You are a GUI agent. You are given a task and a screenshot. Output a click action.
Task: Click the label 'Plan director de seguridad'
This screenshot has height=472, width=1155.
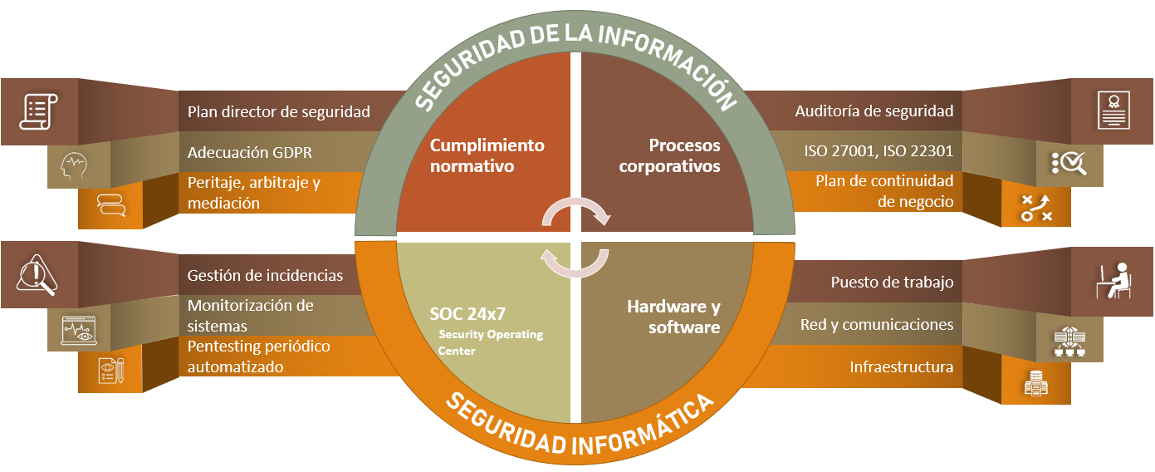278,112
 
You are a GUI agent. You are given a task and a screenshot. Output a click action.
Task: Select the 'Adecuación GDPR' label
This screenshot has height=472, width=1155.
250,153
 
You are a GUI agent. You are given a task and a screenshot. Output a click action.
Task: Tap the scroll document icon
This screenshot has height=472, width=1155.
38,111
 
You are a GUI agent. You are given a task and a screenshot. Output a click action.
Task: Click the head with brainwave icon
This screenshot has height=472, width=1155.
74,165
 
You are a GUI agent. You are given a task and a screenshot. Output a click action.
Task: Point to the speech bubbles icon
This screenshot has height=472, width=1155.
111,204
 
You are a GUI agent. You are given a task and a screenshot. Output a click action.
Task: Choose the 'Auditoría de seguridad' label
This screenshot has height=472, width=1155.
874,111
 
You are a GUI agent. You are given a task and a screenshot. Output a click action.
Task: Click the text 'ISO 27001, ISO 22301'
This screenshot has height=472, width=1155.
878,151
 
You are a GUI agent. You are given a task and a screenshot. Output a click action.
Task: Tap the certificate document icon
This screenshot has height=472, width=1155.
1113,110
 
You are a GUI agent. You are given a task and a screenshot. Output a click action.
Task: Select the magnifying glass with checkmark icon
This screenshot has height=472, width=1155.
1069,163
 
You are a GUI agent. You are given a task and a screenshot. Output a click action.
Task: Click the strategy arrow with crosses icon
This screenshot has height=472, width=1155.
1036,208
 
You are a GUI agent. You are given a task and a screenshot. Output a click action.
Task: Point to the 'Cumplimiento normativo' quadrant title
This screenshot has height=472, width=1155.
487,155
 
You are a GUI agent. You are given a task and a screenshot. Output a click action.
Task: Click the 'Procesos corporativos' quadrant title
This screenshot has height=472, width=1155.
669,155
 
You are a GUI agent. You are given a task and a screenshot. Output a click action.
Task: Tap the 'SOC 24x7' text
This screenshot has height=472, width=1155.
467,313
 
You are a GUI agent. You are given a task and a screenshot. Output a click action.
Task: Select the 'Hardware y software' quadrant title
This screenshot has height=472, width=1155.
673,317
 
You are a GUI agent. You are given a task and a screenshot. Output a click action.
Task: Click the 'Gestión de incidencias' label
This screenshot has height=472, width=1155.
265,275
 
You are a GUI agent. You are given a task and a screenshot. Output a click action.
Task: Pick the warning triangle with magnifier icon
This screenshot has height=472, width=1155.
37,274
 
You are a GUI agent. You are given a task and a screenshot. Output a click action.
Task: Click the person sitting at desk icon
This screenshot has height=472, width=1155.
1113,281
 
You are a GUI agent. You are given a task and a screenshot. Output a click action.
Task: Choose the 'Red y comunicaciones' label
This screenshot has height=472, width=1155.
877,324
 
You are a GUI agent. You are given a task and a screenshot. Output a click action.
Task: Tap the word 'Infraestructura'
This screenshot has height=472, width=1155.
901,366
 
